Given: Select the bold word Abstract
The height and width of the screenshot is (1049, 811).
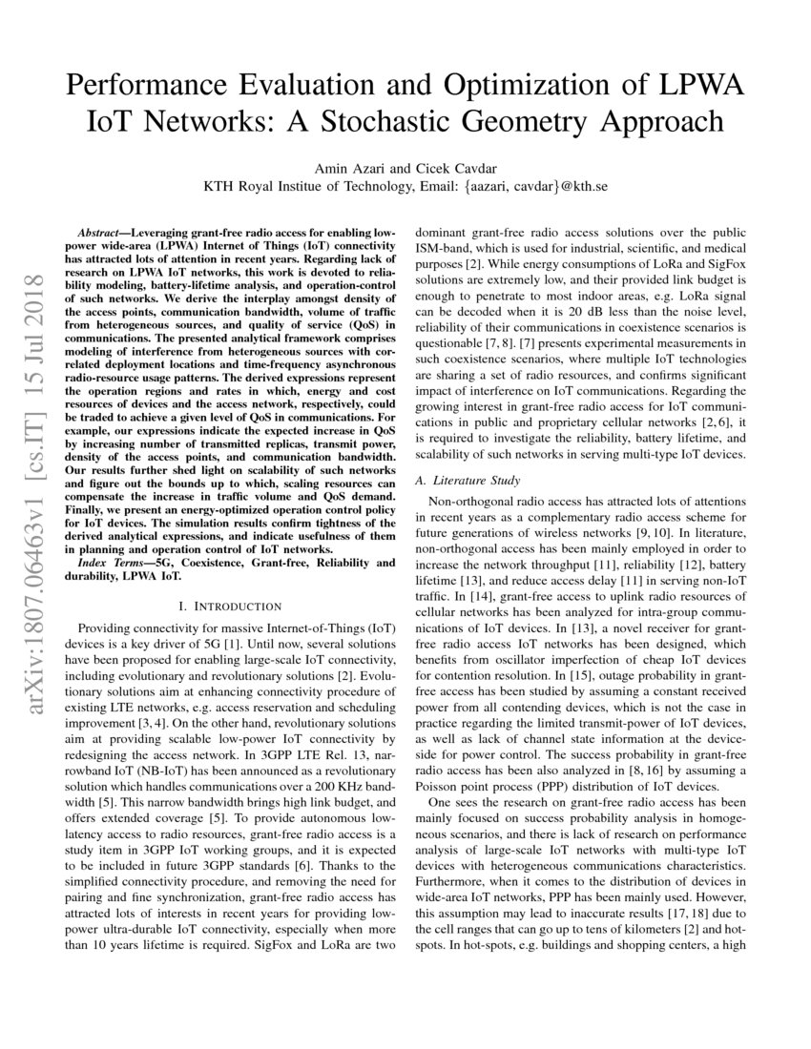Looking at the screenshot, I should (x=101, y=233).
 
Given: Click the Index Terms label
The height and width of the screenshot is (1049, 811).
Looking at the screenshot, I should (x=117, y=564).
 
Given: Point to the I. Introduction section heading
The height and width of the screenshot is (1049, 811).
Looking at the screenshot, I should (x=230, y=606).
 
